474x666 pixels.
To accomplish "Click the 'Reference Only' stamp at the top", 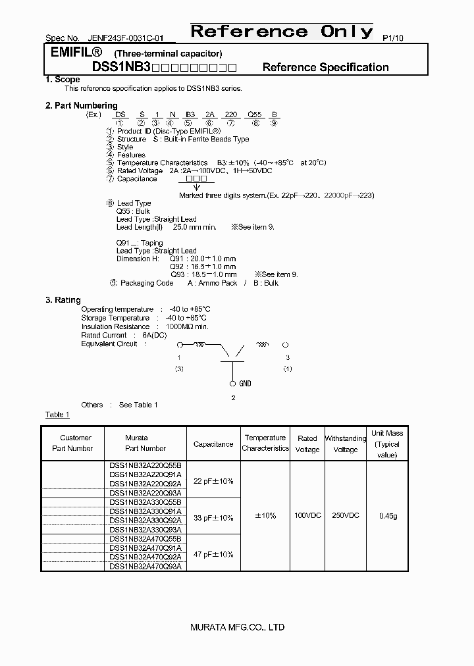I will [281, 32].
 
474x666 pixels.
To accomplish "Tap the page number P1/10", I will [392, 38].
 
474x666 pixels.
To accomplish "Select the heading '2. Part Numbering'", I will [81, 105].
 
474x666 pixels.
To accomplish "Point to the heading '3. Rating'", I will [63, 299].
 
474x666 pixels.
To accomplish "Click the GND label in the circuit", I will [244, 384].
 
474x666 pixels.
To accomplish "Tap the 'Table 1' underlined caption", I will [57, 415].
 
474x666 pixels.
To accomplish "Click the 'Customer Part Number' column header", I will [76, 443].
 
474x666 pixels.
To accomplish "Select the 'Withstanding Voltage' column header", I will [346, 444].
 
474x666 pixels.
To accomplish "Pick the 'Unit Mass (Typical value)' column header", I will [387, 444].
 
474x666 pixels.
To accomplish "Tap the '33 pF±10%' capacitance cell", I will [213, 518].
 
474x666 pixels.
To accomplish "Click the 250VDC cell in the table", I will [346, 515].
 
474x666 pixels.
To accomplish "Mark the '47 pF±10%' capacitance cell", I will [213, 554].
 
